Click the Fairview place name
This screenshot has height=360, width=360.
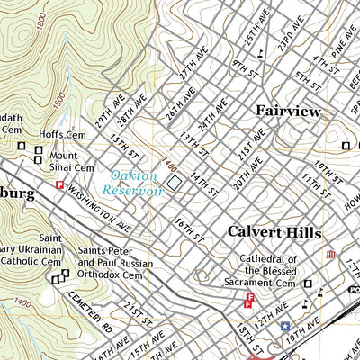click(x=288, y=111)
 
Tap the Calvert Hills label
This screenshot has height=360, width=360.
click(x=274, y=231)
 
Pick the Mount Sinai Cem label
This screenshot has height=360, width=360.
click(x=71, y=160)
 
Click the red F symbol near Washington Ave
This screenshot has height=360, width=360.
click(x=60, y=185)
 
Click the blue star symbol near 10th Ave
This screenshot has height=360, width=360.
click(x=285, y=326)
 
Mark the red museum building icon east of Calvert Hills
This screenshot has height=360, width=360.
click(x=330, y=255)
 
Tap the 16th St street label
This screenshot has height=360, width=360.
click(x=190, y=229)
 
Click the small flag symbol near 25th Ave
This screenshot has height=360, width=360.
click(x=261, y=52)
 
